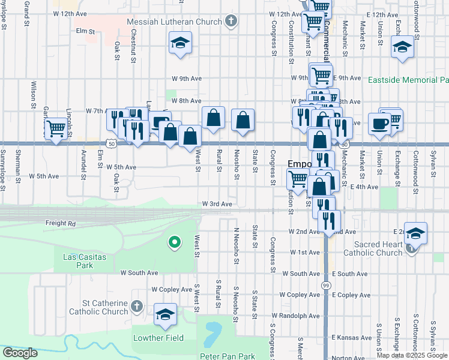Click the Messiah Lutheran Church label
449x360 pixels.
click(x=175, y=22)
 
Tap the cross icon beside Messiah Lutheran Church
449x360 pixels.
click(x=231, y=22)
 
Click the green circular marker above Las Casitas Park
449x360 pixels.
click(x=175, y=242)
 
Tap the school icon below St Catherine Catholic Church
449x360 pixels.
click(x=165, y=314)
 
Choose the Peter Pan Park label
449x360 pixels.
click(x=227, y=356)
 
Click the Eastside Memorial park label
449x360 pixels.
click(x=408, y=79)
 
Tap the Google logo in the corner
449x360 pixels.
click(x=20, y=352)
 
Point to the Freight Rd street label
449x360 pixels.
click(x=61, y=223)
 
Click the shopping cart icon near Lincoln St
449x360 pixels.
click(x=56, y=128)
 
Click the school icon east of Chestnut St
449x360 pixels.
click(x=180, y=44)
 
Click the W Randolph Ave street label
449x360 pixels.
click(x=295, y=315)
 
